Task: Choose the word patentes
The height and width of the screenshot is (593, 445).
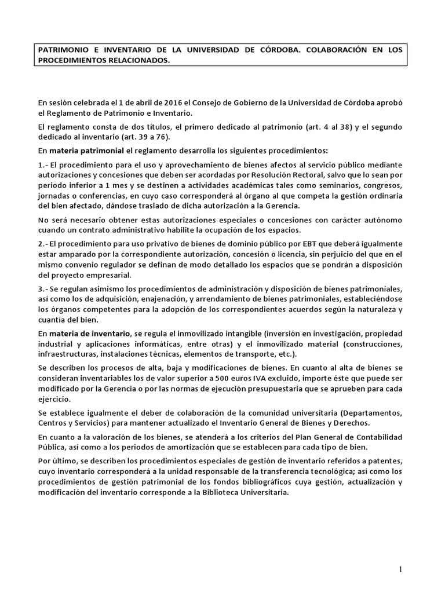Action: [x=388, y=462]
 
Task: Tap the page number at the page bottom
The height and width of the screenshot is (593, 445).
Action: [x=400, y=570]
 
